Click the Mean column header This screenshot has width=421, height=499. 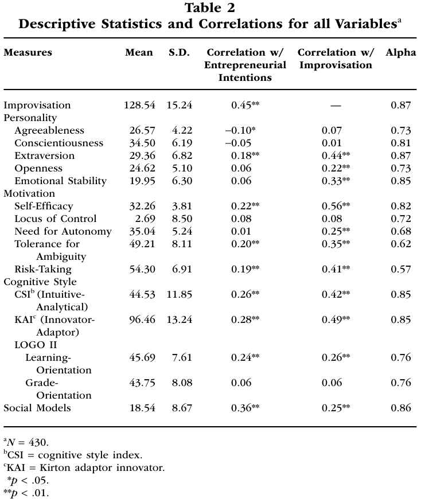tap(139, 53)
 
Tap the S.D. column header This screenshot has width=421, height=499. tap(180, 53)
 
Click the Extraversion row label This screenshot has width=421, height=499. tap(45, 155)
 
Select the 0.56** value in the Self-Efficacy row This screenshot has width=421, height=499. tap(336, 206)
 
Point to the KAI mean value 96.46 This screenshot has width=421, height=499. tap(141, 319)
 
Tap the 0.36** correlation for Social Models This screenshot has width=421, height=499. tap(245, 408)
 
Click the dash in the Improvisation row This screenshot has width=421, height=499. tap(336, 106)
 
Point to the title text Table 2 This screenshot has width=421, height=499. tap(210, 9)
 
